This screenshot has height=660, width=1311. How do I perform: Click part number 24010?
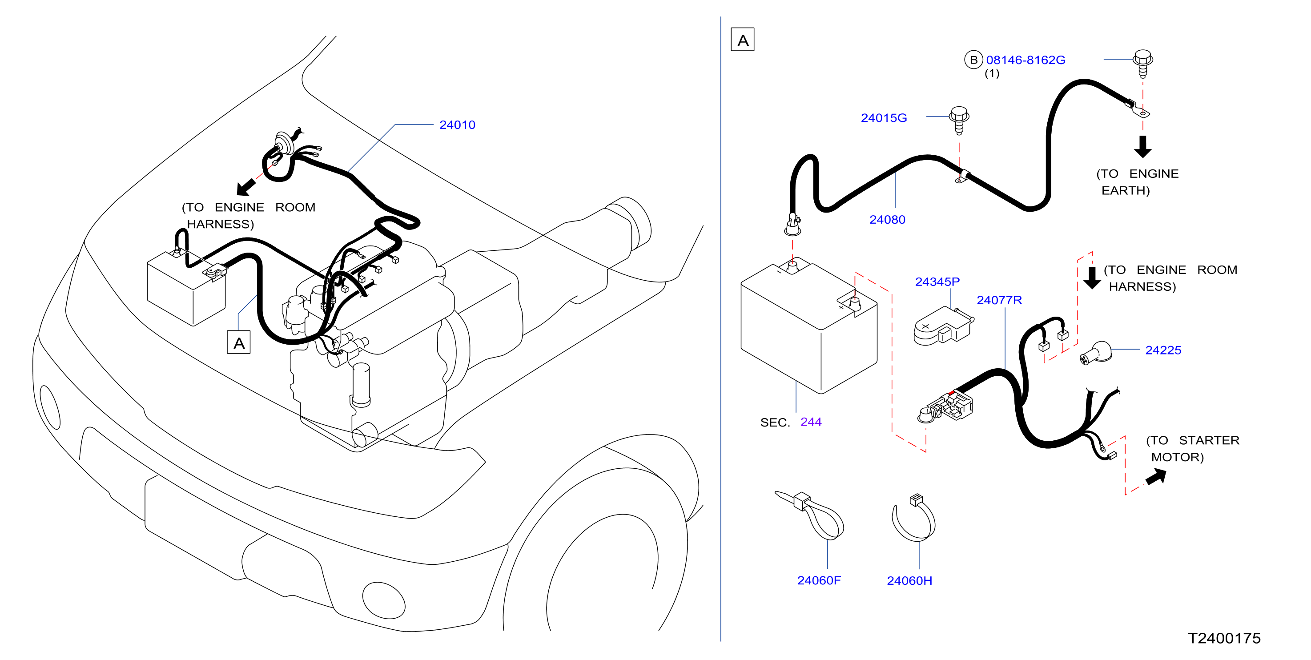pyautogui.click(x=457, y=125)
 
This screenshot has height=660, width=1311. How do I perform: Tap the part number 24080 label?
pyautogui.click(x=887, y=220)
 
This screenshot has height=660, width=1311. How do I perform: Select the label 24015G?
pyautogui.click(x=884, y=118)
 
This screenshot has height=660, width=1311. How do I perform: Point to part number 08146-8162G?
pyautogui.click(x=1025, y=60)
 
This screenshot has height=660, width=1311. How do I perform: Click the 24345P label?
pyautogui.click(x=937, y=282)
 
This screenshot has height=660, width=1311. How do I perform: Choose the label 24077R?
pyautogui.click(x=999, y=300)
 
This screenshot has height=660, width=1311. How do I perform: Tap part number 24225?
pyautogui.click(x=1163, y=350)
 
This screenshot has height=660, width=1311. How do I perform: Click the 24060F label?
pyautogui.click(x=819, y=581)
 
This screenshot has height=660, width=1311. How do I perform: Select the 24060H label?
pyautogui.click(x=909, y=581)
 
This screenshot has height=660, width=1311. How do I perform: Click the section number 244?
pyautogui.click(x=811, y=422)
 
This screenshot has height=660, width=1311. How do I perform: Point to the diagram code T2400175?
pyautogui.click(x=1224, y=638)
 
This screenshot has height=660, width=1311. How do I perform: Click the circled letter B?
pyautogui.click(x=973, y=60)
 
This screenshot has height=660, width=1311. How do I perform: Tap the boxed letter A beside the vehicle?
pyautogui.click(x=239, y=343)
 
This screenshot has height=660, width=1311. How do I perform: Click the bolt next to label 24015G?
pyautogui.click(x=959, y=120)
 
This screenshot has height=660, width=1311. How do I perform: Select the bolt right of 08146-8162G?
pyautogui.click(x=1143, y=63)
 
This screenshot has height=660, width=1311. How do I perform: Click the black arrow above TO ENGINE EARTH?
pyautogui.click(x=1142, y=147)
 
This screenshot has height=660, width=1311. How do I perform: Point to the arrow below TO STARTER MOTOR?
pyautogui.click(x=1156, y=477)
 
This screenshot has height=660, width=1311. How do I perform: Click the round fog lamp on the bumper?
pyautogui.click(x=384, y=600)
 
